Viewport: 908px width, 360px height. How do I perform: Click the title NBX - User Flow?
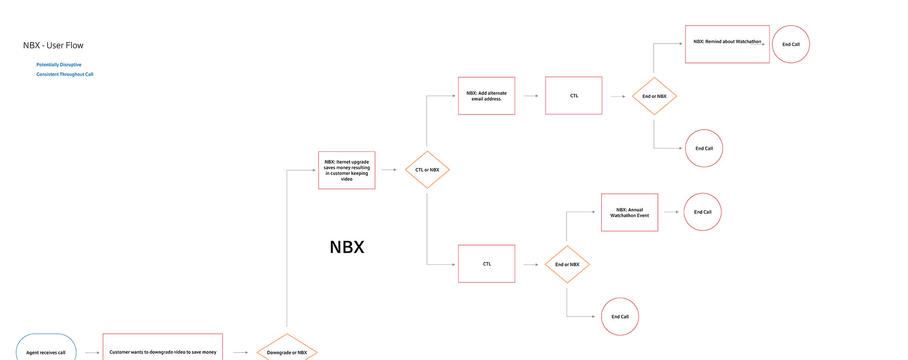point(53,45)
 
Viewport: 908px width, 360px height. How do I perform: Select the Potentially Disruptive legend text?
point(59,65)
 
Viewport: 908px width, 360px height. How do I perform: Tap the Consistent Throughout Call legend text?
point(65,74)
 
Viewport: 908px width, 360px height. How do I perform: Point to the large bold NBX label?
point(347,247)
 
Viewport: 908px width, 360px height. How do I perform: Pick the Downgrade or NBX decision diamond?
point(287,351)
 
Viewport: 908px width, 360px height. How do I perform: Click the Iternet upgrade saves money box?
point(347,170)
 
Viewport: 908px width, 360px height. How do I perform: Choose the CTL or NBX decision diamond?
point(427,170)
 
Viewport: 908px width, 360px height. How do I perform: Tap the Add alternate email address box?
point(486,96)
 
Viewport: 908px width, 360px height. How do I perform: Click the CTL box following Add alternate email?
point(574,96)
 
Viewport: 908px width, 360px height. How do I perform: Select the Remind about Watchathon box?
point(727,44)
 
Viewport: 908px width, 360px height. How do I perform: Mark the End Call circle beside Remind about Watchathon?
point(791,44)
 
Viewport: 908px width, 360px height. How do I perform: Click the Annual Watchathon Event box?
point(629,212)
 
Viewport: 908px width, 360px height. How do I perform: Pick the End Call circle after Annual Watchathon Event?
point(702,212)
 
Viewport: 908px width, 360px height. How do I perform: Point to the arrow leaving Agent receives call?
point(92,352)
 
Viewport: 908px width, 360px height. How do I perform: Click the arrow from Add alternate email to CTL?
point(531,96)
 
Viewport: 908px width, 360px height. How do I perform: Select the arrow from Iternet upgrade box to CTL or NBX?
point(389,170)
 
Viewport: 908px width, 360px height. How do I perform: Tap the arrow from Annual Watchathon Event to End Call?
point(671,212)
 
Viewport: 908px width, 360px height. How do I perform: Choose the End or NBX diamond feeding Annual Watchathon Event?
point(567,264)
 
